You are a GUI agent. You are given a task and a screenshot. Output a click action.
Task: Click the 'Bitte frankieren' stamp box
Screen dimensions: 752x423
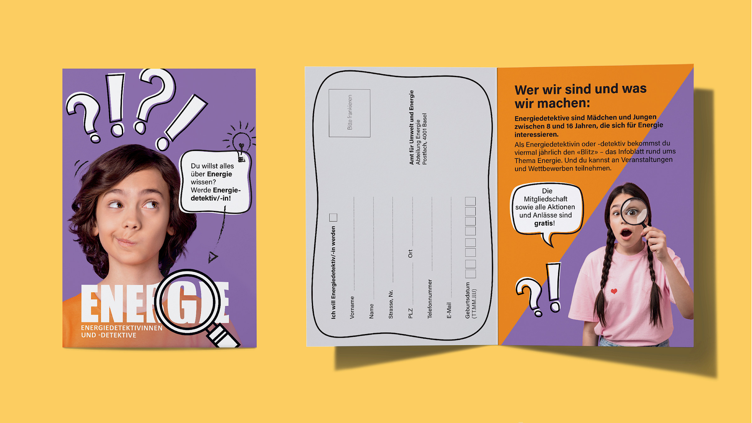349,113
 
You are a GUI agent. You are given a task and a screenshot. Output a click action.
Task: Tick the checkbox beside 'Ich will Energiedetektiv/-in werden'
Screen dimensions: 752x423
333,217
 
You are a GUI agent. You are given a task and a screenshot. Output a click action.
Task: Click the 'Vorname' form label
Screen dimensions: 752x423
352,308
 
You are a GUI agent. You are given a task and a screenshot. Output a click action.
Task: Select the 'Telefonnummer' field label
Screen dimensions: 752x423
430,299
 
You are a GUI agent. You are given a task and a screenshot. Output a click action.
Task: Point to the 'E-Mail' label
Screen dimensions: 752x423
449,311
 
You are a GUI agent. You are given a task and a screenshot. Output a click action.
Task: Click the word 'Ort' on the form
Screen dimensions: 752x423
410,254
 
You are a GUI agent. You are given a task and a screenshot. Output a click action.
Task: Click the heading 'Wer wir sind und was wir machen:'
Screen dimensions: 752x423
581,96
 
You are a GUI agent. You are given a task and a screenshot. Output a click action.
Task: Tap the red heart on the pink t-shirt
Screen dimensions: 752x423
614,291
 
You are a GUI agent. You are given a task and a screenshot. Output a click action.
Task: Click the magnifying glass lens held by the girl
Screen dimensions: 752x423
634,212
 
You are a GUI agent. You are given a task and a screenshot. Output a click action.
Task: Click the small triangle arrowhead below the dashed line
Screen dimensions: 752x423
213,257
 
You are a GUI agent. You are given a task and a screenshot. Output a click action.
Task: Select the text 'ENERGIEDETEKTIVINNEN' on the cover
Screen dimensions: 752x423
122,328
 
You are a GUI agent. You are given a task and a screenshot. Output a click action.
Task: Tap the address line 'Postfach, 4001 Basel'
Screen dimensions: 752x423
425,139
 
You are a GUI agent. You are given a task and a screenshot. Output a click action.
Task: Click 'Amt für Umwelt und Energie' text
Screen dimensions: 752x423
411,128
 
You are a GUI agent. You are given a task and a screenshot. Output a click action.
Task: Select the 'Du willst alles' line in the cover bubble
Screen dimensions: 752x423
212,166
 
